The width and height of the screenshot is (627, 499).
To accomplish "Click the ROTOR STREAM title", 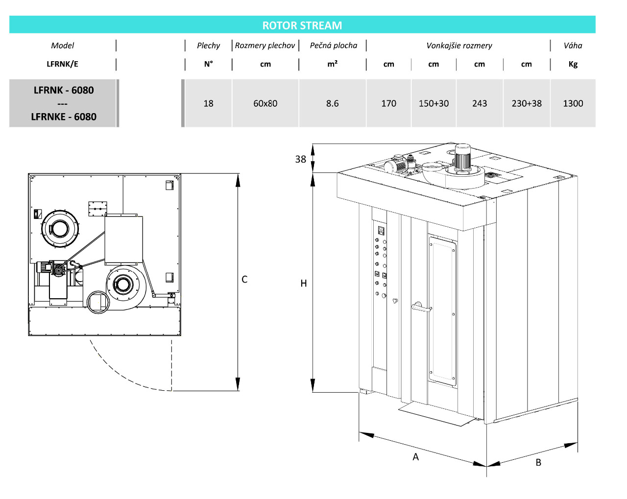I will pyautogui.click(x=302, y=25).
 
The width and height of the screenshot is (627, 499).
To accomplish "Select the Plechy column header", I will pyautogui.click(x=208, y=46).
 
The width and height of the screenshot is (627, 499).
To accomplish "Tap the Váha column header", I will pyautogui.click(x=573, y=46).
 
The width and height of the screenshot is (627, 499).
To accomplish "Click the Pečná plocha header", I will pyautogui.click(x=333, y=46).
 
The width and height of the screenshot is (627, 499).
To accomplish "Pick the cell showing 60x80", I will pyautogui.click(x=265, y=103).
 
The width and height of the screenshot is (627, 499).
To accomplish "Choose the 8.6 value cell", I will pyautogui.click(x=332, y=103).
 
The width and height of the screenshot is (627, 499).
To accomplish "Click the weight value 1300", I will pyautogui.click(x=573, y=103).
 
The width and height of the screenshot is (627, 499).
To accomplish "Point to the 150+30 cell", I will pyautogui.click(x=434, y=103).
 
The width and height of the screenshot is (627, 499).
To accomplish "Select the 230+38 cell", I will pyautogui.click(x=527, y=103).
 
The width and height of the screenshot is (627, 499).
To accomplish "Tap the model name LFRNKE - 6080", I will pyautogui.click(x=64, y=117).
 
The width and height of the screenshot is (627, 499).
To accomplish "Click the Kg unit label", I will pyautogui.click(x=573, y=64).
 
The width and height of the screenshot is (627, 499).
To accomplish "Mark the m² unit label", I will pyautogui.click(x=332, y=64).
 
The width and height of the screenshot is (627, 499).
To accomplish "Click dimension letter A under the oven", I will pyautogui.click(x=415, y=457).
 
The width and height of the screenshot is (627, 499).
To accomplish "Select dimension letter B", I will pyautogui.click(x=538, y=462).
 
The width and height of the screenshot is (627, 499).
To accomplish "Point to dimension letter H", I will pyautogui.click(x=304, y=283).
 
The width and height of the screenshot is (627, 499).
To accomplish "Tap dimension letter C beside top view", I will pyautogui.click(x=244, y=279).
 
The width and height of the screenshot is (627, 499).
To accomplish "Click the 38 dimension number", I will pyautogui.click(x=300, y=159).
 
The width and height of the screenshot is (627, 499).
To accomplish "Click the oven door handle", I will pyautogui.click(x=420, y=308).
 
